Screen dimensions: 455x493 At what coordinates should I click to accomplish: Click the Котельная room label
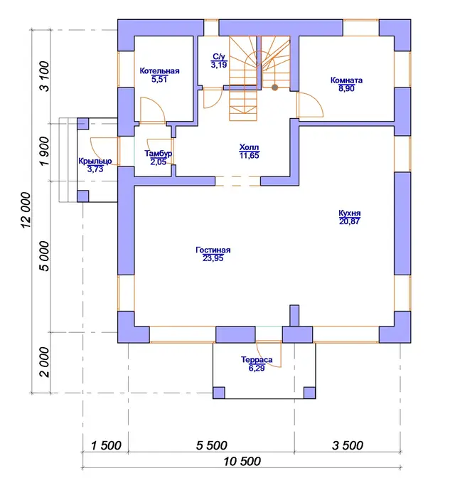(x=159, y=70)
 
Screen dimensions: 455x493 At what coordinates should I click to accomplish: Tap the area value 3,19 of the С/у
(x=219, y=65)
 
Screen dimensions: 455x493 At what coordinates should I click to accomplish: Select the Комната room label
(x=346, y=80)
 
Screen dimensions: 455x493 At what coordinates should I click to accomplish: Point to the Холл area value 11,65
(x=249, y=155)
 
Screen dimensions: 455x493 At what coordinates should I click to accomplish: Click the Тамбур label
(x=158, y=154)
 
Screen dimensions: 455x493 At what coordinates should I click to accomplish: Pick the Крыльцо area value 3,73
(x=95, y=169)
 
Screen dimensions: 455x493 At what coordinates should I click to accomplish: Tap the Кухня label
(x=349, y=213)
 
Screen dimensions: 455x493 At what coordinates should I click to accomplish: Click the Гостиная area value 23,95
(x=213, y=258)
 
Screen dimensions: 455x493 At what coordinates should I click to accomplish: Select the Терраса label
(x=257, y=360)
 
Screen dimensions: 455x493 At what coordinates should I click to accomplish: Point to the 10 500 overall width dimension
(x=242, y=462)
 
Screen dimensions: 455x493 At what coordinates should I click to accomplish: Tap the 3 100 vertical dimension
(x=45, y=76)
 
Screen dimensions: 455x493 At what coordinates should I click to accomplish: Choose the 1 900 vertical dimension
(x=45, y=151)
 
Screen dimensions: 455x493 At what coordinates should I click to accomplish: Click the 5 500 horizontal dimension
(x=211, y=445)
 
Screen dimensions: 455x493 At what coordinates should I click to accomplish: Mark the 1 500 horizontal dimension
(x=106, y=445)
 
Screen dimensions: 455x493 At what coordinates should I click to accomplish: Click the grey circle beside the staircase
(x=274, y=88)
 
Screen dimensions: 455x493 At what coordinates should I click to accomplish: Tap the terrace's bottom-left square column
(x=219, y=393)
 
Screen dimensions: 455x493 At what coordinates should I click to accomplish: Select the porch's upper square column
(x=83, y=124)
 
